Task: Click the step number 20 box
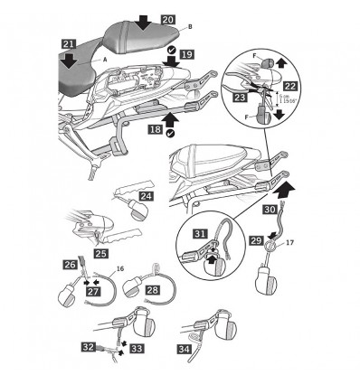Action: (x=168, y=18)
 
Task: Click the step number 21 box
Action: (x=70, y=42)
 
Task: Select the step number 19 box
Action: (x=185, y=55)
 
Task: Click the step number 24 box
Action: (x=147, y=194)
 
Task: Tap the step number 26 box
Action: (x=69, y=264)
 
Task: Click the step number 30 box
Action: (x=270, y=207)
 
